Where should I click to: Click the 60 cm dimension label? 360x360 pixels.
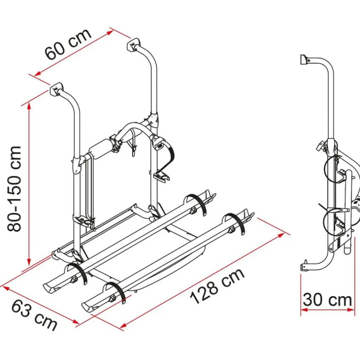pos(68,44)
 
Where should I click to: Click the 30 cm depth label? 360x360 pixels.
pos(327,300)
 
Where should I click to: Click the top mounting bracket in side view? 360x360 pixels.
pos(304,59)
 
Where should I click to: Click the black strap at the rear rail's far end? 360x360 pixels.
pos(197,204)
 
